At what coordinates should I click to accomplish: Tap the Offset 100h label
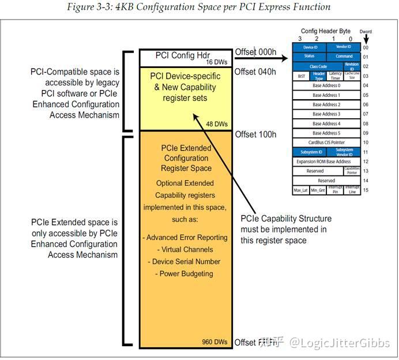[255, 134]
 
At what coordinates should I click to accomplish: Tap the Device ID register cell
[310, 47]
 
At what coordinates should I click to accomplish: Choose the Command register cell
[344, 57]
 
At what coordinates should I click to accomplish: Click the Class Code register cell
[318, 66]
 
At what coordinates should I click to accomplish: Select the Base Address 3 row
[326, 114]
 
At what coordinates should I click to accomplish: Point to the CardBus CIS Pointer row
[326, 142]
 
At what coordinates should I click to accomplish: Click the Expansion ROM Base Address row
[326, 162]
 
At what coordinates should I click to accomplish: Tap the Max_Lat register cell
[301, 190]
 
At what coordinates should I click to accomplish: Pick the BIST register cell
[301, 76]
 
